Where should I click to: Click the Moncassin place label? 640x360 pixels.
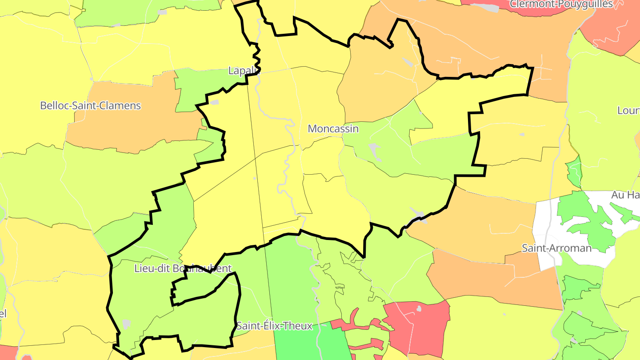point(333,129)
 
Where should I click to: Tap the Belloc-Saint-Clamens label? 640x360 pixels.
point(90,106)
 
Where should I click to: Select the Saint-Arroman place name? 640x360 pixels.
point(556,248)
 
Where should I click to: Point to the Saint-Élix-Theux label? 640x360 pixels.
point(274,326)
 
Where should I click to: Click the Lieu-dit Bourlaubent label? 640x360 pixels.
point(183,268)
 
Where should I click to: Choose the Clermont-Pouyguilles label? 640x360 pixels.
point(561,4)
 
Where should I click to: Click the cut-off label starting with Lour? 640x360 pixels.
point(628,110)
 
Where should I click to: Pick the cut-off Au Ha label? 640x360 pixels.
point(625,195)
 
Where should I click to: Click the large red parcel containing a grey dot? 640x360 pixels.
point(422,329)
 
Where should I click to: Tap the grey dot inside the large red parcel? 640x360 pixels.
point(419,308)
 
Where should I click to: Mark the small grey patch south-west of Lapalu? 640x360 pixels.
point(215,102)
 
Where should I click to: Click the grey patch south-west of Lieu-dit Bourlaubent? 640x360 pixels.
point(127,324)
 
